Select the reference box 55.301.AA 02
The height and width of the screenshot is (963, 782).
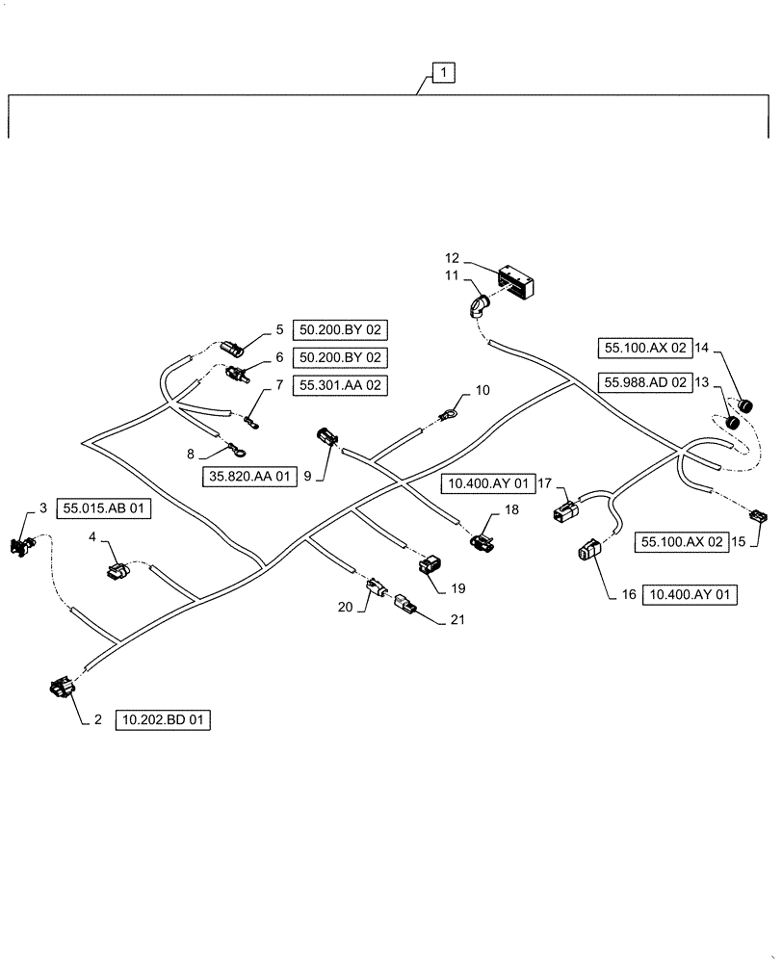tap(339, 385)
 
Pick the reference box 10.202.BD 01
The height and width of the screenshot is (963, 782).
tap(163, 719)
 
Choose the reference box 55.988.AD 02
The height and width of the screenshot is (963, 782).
tap(645, 382)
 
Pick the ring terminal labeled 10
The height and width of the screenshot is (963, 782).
tap(449, 416)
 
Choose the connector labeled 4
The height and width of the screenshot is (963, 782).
tap(120, 573)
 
